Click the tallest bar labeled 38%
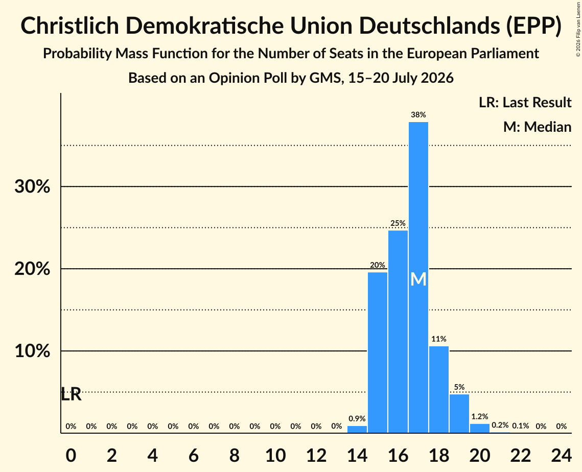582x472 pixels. click(x=418, y=277)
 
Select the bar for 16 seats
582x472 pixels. click(x=398, y=332)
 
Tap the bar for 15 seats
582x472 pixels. click(x=378, y=352)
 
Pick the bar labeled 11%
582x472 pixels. click(x=439, y=390)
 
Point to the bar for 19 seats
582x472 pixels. click(x=459, y=414)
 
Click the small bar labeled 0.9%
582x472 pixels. click(x=357, y=429)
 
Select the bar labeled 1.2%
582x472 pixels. click(x=480, y=428)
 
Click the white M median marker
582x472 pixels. click(x=418, y=279)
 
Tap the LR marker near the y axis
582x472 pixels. click(x=71, y=394)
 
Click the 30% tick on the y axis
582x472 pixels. click(x=32, y=186)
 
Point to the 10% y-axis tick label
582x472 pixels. click(x=32, y=351)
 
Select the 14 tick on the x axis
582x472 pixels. click(x=357, y=456)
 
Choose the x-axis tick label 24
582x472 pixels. click(x=561, y=456)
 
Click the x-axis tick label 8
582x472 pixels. click(x=234, y=456)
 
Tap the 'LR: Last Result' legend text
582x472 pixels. click(x=525, y=102)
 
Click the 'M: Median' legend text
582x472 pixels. click(x=537, y=127)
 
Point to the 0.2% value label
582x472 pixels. click(x=500, y=425)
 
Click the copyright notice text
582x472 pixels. click(x=578, y=29)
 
